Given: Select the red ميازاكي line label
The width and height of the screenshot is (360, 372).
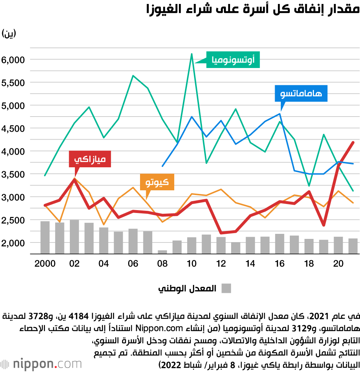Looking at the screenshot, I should (90, 159).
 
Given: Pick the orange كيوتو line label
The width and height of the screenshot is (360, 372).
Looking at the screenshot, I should (157, 182).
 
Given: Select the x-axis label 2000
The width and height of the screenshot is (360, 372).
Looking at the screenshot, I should (45, 264).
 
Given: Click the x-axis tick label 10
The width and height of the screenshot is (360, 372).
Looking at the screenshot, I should (192, 264).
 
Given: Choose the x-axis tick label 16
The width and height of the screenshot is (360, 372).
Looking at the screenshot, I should (279, 264).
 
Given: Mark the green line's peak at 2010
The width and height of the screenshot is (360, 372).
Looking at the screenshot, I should (192, 54).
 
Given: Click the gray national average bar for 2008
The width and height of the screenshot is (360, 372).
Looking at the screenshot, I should (162, 252).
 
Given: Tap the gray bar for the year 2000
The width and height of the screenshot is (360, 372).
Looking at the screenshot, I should (45, 237).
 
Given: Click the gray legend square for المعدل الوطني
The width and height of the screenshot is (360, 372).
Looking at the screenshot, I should (226, 288).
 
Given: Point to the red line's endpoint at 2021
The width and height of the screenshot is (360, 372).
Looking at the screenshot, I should (353, 142).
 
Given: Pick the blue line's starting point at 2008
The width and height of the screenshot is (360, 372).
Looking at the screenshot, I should (162, 166).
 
